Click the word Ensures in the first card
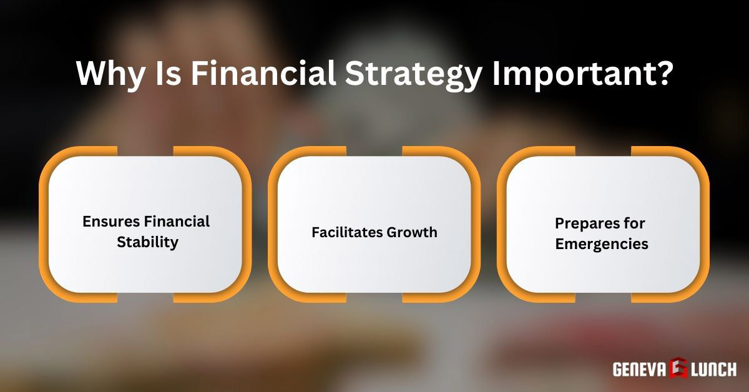[x=110, y=222]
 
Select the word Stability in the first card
[x=147, y=242]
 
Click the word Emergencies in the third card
[x=602, y=243]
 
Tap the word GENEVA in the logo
[x=639, y=370]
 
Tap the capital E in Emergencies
[x=559, y=243]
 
